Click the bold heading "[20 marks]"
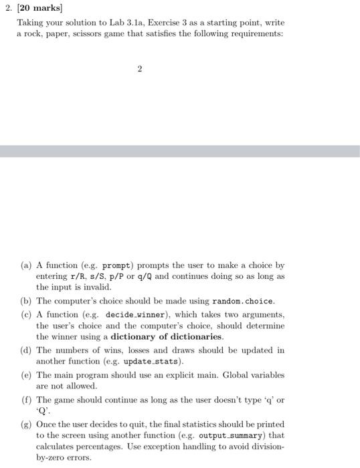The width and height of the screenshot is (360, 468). coord(39,9)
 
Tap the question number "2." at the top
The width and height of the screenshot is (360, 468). coord(10,9)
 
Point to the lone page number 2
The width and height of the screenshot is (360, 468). coord(140,69)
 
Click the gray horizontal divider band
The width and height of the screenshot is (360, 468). coord(180,152)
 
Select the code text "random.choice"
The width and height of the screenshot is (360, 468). coord(243,301)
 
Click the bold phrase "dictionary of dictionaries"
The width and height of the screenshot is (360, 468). coord(167,337)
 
